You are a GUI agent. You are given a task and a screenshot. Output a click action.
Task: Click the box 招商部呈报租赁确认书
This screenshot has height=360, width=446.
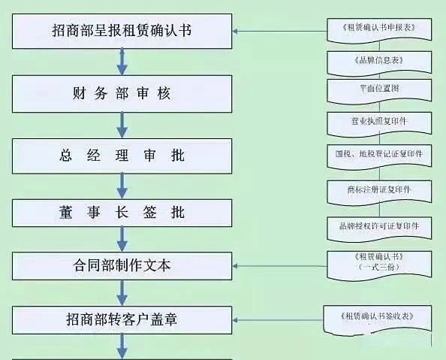point(122,31)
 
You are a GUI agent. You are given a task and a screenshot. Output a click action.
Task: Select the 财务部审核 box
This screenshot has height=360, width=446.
point(122,94)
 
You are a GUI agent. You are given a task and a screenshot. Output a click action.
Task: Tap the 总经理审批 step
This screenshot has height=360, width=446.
point(122,156)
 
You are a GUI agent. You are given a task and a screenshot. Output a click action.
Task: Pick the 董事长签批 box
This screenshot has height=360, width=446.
point(122,213)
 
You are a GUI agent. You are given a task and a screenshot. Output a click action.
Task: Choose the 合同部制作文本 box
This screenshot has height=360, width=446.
point(122,266)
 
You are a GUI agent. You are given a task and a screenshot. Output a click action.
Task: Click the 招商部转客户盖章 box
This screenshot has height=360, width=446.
point(122,320)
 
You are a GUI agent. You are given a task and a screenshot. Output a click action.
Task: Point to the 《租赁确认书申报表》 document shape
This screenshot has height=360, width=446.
point(379,31)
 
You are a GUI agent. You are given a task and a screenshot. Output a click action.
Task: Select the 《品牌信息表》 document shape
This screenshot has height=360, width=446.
point(379,64)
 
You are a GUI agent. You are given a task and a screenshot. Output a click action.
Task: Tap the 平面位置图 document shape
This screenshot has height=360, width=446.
point(379,91)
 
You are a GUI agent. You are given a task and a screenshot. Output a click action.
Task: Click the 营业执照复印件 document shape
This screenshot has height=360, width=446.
point(379,124)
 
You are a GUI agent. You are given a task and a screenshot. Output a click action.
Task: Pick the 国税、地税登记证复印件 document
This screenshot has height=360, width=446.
point(379,157)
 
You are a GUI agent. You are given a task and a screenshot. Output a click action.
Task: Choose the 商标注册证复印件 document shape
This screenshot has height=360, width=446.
point(379,192)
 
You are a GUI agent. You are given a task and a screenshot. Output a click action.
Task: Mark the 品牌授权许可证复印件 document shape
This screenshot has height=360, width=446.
point(379,229)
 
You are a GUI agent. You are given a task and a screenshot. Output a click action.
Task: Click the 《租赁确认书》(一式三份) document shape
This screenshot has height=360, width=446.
point(379,265)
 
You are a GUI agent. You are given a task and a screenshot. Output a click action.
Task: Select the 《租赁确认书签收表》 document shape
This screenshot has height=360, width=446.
point(377,320)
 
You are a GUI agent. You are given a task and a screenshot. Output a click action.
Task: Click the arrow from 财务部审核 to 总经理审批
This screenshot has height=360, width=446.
point(122,126)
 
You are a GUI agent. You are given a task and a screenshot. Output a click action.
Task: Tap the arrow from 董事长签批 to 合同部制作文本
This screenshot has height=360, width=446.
point(122,239)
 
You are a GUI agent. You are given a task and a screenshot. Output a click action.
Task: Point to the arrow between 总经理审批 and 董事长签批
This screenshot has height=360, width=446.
point(122,186)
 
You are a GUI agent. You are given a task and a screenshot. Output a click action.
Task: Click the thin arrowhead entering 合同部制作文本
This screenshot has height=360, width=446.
point(235,266)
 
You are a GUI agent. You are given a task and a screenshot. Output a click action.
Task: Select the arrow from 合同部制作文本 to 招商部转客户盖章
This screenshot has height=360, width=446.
point(122,293)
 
